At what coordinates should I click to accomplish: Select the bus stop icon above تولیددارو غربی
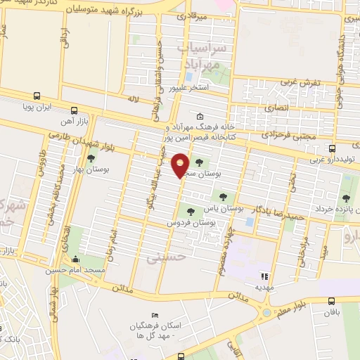[333, 149]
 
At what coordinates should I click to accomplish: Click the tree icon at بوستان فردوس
[190, 212]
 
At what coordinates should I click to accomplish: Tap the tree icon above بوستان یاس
[224, 198]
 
